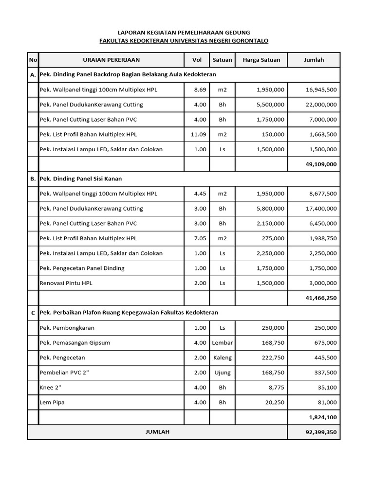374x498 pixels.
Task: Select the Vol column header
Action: pyautogui.click(x=197, y=60)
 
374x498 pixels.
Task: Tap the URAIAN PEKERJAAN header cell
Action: pyautogui.click(x=111, y=60)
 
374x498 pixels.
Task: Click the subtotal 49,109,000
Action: pyautogui.click(x=320, y=164)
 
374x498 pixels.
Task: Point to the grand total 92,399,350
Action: pyautogui.click(x=320, y=432)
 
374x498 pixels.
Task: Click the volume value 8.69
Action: pyautogui.click(x=200, y=90)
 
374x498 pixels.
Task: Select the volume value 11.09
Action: pyautogui.click(x=198, y=135)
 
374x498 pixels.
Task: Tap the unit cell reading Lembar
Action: pyautogui.click(x=222, y=343)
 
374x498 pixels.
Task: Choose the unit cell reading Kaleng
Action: pyautogui.click(x=222, y=358)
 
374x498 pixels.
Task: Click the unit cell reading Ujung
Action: pyautogui.click(x=222, y=373)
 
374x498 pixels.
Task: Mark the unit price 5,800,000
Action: pyautogui.click(x=270, y=209)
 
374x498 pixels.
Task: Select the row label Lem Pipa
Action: pyautogui.click(x=52, y=403)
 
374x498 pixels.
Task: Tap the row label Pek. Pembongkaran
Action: pyautogui.click(x=67, y=328)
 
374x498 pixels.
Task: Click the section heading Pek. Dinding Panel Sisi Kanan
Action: pyautogui.click(x=94, y=179)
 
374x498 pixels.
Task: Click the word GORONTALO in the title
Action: pyautogui.click(x=248, y=41)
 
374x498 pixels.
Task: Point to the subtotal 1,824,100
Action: pyautogui.click(x=322, y=417)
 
